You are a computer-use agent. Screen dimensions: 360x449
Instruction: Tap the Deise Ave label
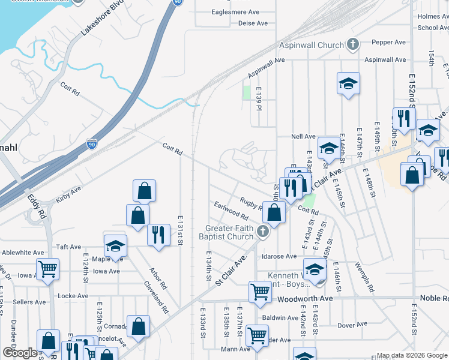click(x=253, y=23)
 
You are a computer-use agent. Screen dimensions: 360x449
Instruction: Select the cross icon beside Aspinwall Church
click(x=354, y=45)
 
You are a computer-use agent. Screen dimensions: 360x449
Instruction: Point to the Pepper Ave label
click(x=390, y=43)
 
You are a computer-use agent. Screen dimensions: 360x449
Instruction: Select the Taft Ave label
click(x=68, y=247)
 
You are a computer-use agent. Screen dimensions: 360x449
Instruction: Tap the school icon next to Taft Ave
click(x=115, y=245)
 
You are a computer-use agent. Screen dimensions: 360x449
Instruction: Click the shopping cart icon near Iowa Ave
click(x=47, y=270)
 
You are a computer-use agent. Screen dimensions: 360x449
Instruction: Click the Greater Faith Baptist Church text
click(x=229, y=232)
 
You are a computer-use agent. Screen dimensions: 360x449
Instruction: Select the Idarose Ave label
click(x=279, y=256)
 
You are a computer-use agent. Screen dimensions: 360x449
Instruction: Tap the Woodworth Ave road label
click(x=304, y=298)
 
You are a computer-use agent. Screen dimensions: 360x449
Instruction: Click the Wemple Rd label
click(x=364, y=277)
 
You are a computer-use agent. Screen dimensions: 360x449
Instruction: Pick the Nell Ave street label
click(x=303, y=137)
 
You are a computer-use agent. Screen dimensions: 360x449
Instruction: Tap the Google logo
click(x=20, y=353)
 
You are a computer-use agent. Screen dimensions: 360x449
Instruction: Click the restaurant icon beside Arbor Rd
click(x=158, y=234)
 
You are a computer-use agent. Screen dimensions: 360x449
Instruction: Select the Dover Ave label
click(x=348, y=325)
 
